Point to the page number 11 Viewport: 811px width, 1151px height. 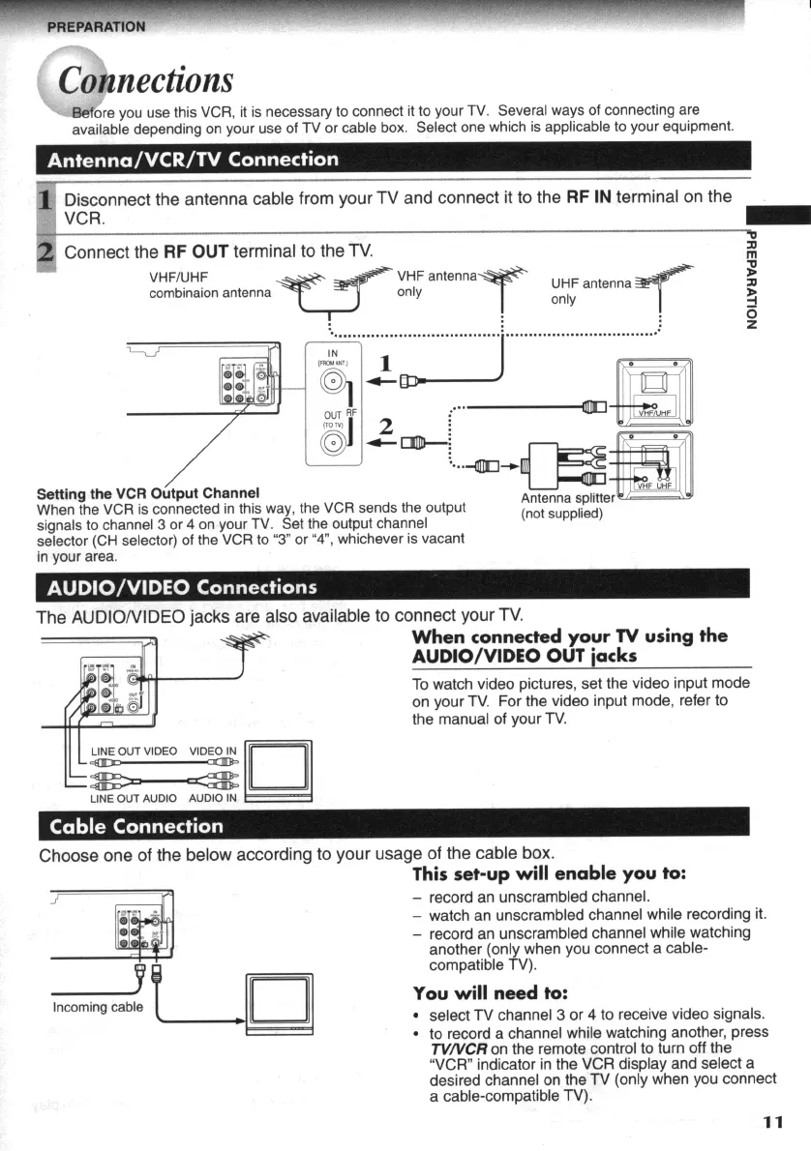[x=771, y=1122]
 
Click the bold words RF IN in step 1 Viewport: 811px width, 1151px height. [x=588, y=197]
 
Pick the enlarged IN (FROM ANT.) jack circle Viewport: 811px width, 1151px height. [x=331, y=380]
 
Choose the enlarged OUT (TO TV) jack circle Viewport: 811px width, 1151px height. [x=331, y=444]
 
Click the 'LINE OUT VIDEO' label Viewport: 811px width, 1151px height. [x=134, y=751]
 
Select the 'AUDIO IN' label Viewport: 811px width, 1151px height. [x=212, y=798]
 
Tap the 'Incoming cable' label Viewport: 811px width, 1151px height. [x=98, y=1007]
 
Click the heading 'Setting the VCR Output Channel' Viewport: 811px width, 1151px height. [x=147, y=493]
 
